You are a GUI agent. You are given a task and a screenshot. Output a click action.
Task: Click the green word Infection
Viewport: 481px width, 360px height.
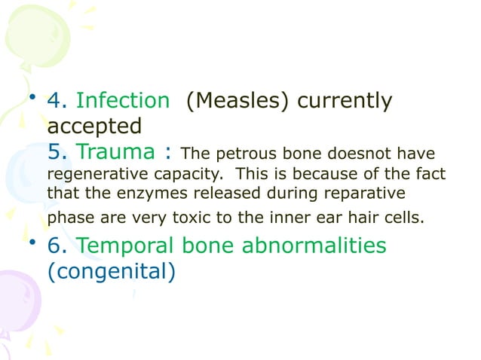(124, 101)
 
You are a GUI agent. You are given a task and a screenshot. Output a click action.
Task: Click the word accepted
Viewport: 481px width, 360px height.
(94, 124)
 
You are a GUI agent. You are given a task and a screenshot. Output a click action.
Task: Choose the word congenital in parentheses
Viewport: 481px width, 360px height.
(112, 270)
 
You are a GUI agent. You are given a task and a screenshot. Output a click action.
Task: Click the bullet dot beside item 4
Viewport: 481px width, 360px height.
(31, 97)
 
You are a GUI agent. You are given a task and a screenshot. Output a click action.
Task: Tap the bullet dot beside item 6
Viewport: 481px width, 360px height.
(31, 242)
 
